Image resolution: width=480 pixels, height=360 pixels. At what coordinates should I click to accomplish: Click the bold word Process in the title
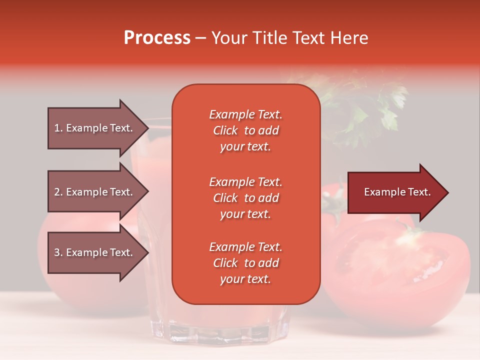click(x=157, y=37)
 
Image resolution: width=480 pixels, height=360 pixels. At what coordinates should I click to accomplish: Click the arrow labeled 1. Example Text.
click(x=98, y=128)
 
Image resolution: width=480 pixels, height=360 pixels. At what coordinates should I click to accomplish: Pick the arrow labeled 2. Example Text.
click(x=98, y=191)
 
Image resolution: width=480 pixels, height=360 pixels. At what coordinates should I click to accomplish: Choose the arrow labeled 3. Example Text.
click(x=98, y=252)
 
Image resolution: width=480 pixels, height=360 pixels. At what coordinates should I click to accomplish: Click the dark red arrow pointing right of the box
click(x=398, y=192)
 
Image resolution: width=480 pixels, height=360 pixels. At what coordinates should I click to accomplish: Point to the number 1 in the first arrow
click(x=57, y=128)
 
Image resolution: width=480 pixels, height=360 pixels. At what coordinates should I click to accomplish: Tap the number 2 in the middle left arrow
click(x=57, y=192)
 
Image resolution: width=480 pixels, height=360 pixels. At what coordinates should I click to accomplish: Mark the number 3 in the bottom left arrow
click(x=57, y=252)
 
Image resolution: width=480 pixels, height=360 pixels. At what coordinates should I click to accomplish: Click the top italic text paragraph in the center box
click(x=246, y=130)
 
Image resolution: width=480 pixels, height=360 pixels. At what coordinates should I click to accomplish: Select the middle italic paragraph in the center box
click(x=246, y=198)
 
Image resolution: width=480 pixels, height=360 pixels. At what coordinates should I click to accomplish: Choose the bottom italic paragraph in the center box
click(x=246, y=263)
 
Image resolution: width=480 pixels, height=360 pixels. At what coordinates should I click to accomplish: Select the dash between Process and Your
click(x=200, y=38)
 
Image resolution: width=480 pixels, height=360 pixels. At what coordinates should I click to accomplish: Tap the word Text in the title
click(x=309, y=37)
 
